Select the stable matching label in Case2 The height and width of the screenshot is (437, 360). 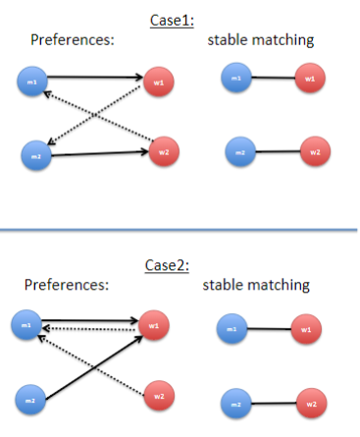coord(256,285)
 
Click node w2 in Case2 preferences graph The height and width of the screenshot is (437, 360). coord(156,396)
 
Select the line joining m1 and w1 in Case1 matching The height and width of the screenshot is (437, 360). coord(272,79)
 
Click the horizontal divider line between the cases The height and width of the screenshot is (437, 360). coord(180,229)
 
